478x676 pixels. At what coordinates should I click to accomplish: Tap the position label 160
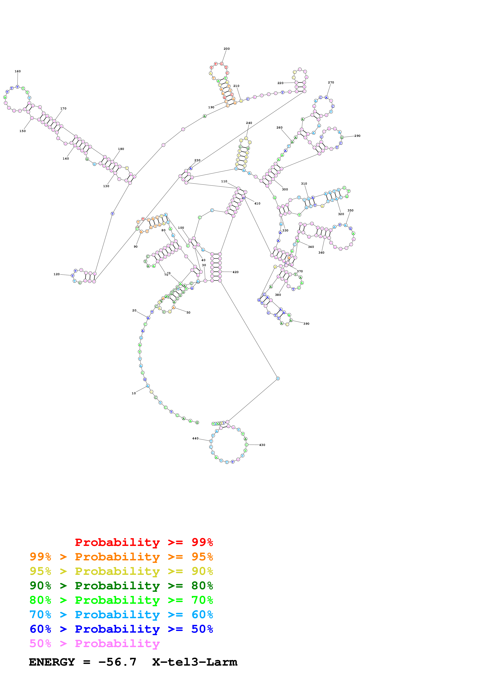[x=18, y=71]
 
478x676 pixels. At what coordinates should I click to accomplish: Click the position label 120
[x=56, y=274]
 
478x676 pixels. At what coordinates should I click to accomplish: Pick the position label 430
[x=262, y=445]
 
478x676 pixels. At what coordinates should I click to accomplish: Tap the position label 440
[x=195, y=438]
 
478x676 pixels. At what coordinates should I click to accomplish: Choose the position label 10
[x=134, y=393]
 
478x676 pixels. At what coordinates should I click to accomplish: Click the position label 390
[x=306, y=324]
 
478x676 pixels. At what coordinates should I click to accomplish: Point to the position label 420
[x=236, y=272]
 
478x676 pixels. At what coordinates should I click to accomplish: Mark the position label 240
[x=249, y=123]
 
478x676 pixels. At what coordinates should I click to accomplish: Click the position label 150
[x=22, y=131]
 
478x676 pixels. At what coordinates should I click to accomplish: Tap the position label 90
[x=136, y=247]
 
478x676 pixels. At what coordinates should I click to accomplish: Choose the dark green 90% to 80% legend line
[x=121, y=586]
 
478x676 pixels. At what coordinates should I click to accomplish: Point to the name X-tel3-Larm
[x=195, y=662]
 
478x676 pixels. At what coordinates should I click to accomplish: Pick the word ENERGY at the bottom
[x=52, y=662]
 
